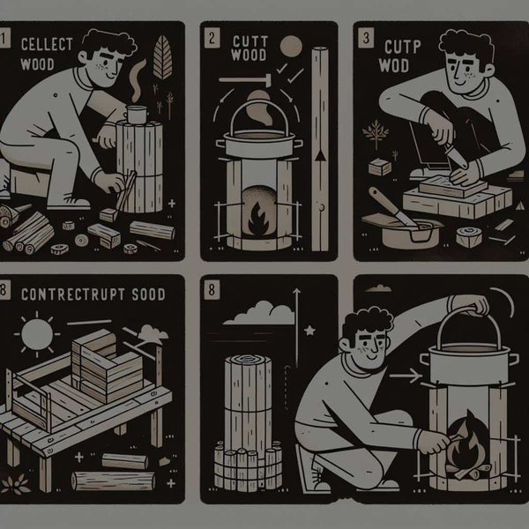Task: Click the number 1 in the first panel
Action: (5, 39)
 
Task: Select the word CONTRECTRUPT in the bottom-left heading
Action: (68, 293)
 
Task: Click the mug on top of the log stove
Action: (136, 115)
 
